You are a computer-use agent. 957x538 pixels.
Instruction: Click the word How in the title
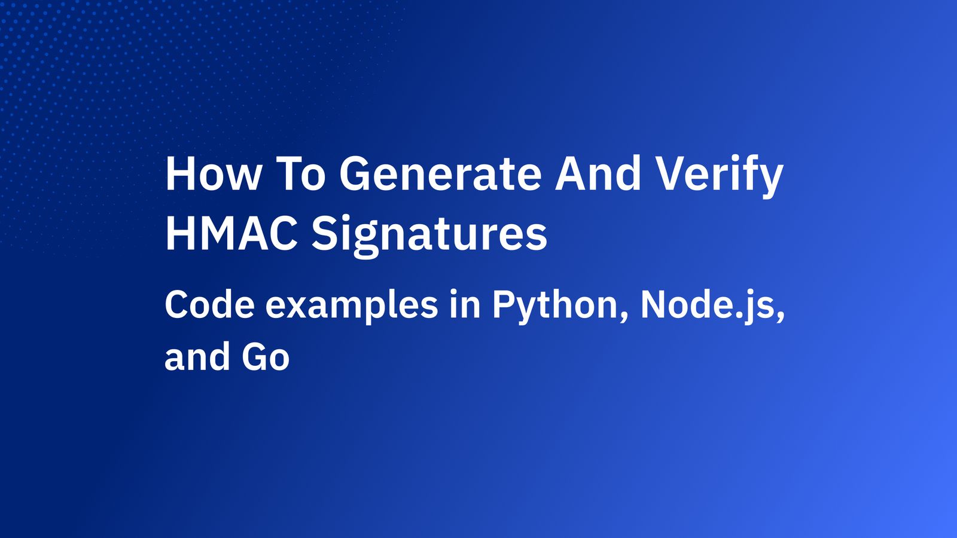pos(213,174)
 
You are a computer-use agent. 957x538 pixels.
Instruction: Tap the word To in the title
pos(302,174)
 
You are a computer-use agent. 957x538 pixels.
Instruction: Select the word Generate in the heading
pos(441,174)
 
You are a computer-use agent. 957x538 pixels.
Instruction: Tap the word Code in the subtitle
pos(209,305)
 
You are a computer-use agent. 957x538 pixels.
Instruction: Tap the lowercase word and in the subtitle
pos(197,357)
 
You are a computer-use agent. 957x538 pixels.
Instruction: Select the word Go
pos(266,357)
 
